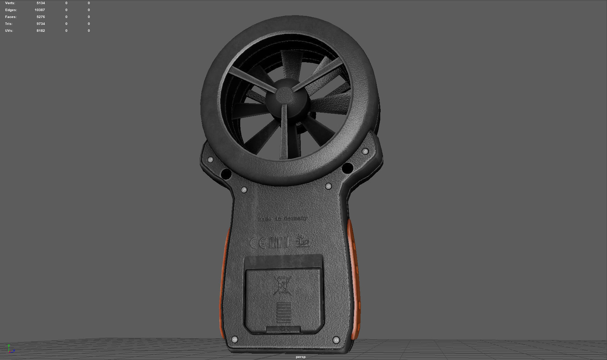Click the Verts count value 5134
click(x=40, y=3)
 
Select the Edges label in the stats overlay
click(x=11, y=10)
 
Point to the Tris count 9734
click(x=40, y=24)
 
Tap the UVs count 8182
click(x=40, y=31)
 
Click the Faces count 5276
click(x=40, y=17)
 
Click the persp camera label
click(x=300, y=357)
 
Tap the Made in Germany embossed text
click(x=283, y=219)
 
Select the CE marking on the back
click(x=258, y=243)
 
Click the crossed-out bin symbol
click(x=283, y=285)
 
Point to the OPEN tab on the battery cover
click(x=284, y=329)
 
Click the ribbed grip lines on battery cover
click(x=284, y=312)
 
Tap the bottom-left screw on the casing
click(x=234, y=340)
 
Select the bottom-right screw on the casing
click(x=336, y=340)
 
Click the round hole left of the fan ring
click(x=226, y=174)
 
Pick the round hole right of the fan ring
click(x=347, y=168)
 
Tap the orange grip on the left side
click(x=224, y=283)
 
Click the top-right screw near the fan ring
click(x=365, y=151)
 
